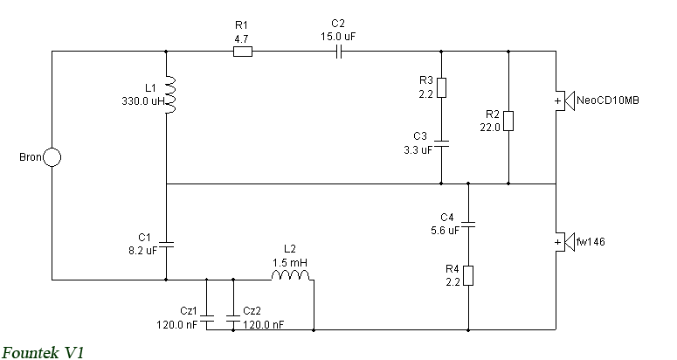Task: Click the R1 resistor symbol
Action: (x=243, y=52)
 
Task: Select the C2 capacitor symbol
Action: (x=339, y=52)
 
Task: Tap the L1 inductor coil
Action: (x=170, y=95)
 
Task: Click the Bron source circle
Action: (x=52, y=157)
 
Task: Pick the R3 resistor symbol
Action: (x=441, y=88)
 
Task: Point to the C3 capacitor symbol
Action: (x=441, y=144)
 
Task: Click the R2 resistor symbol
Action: (x=508, y=121)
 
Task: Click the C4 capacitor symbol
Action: (x=468, y=225)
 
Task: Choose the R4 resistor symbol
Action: (x=468, y=276)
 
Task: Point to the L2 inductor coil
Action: (x=291, y=275)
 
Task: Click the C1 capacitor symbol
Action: (x=166, y=245)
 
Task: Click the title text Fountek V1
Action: (x=43, y=352)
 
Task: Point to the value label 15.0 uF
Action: (x=338, y=36)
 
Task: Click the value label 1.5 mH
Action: (x=290, y=262)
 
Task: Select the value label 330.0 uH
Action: (x=143, y=101)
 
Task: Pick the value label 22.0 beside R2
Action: (x=490, y=128)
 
